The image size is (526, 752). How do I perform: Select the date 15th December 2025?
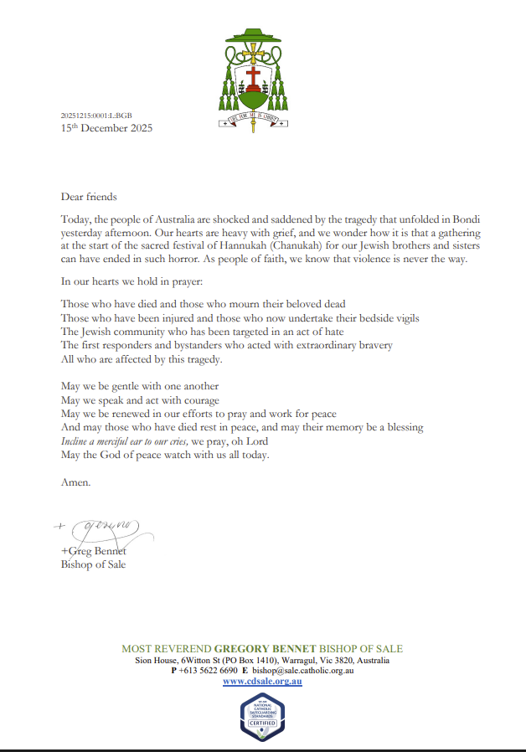tap(106, 129)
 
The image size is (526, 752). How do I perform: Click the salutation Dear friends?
tap(89, 198)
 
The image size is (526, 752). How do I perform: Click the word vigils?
tap(402, 318)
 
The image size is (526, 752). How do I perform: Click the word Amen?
tap(76, 483)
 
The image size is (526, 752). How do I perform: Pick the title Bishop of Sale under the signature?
tap(94, 564)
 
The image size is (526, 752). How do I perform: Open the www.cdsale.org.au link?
tap(262, 682)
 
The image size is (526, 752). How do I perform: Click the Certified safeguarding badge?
tap(262, 719)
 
